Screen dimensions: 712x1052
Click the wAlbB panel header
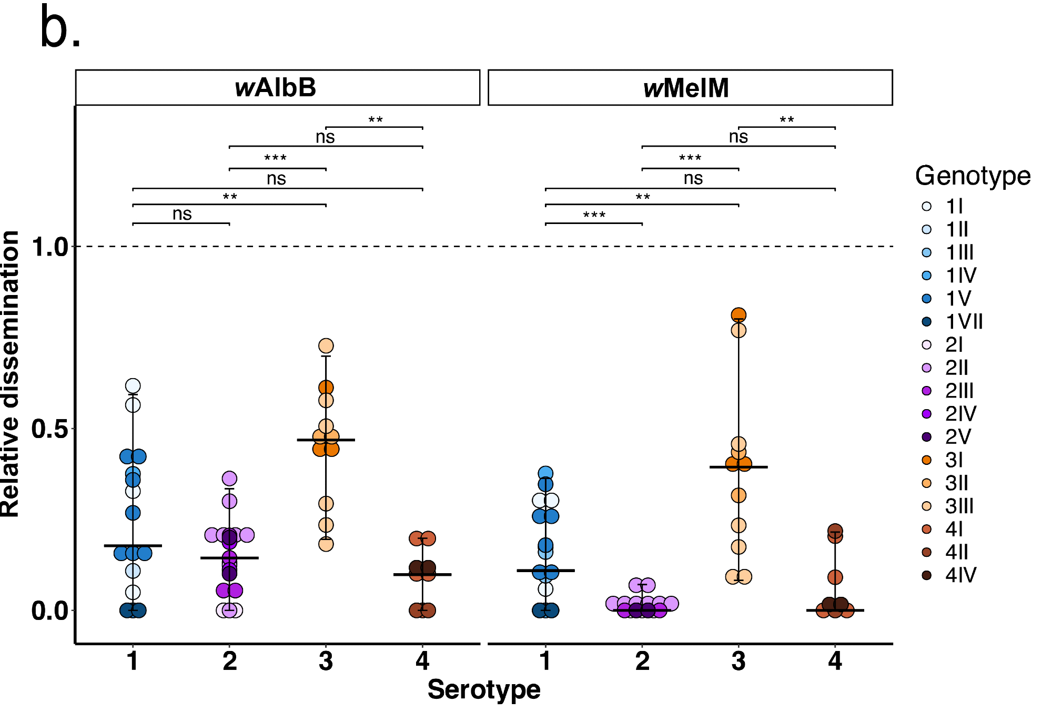[277, 88]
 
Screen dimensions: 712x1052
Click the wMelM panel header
[690, 88]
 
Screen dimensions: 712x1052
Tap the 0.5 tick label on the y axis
[50, 429]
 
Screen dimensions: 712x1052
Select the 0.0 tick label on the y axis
[50, 611]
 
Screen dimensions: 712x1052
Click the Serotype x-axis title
[484, 689]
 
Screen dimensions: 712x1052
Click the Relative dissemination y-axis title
[11, 374]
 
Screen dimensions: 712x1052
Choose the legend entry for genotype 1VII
[953, 321]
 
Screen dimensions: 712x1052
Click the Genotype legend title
[973, 176]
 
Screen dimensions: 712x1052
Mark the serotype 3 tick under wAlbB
[326, 661]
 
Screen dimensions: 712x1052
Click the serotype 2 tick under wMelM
[642, 661]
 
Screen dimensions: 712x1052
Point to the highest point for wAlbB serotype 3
[326, 345]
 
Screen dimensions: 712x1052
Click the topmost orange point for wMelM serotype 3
[739, 315]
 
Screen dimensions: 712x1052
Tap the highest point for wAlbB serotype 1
[133, 386]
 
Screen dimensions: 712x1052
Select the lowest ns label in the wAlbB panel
[182, 214]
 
